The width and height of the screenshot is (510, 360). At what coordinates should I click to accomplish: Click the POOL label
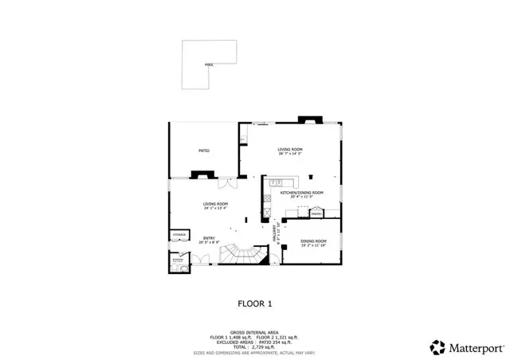[209, 65]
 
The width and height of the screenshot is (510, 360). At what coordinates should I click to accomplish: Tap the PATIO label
[204, 150]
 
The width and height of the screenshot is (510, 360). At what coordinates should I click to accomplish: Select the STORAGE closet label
[179, 234]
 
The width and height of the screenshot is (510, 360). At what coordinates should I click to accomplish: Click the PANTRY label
[316, 213]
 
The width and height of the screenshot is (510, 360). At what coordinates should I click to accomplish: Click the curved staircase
[239, 256]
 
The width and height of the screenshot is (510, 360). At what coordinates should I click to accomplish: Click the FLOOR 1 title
[255, 303]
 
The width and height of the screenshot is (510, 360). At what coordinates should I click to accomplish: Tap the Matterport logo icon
[437, 346]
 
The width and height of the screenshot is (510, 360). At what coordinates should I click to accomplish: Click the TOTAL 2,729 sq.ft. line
[255, 347]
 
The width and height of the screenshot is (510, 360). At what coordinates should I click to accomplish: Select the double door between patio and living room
[229, 182]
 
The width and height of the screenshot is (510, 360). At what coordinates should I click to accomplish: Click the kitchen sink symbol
[276, 184]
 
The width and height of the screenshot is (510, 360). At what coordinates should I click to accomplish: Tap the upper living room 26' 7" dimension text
[291, 154]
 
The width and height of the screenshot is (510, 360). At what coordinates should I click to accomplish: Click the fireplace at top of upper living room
[308, 120]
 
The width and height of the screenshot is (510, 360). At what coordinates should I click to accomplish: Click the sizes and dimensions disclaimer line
[255, 353]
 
